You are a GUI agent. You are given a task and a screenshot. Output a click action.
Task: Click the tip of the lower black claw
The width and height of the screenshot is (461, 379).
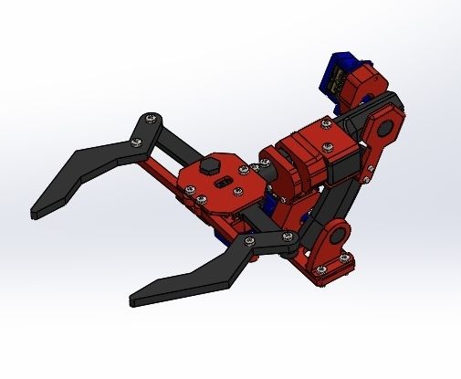pyautogui.click(x=135, y=298)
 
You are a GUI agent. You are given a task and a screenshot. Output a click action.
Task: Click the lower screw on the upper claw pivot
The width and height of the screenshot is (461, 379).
pyautogui.click(x=137, y=140)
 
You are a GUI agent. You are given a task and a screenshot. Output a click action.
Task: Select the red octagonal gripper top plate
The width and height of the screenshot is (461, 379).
pyautogui.click(x=215, y=179)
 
